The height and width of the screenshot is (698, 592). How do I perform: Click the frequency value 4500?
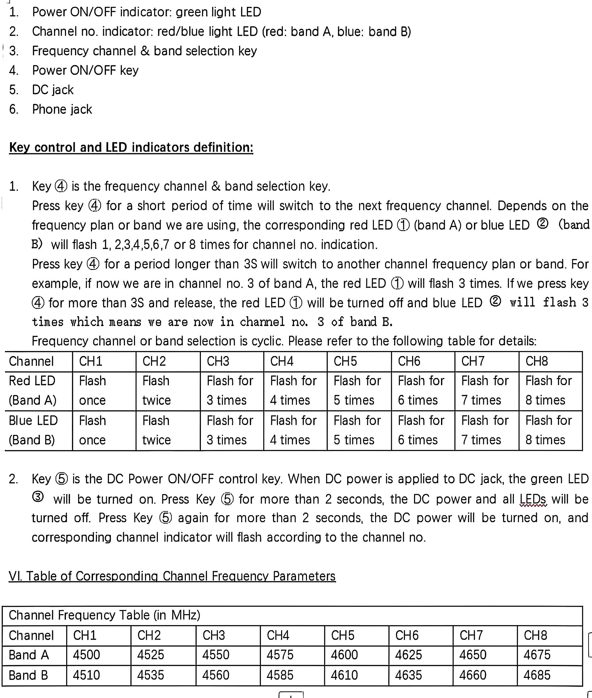click(x=86, y=655)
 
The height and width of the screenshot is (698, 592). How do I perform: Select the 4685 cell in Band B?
click(x=537, y=675)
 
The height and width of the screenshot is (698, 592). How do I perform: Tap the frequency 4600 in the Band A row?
click(x=344, y=655)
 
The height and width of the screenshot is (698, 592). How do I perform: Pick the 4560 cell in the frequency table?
click(x=215, y=675)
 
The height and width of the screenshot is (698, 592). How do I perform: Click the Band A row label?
click(x=29, y=655)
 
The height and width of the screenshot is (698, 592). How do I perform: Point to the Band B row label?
click(x=29, y=675)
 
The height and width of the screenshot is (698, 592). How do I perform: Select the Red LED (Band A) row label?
click(x=33, y=391)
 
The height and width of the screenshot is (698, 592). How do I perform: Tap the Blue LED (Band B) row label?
click(x=33, y=430)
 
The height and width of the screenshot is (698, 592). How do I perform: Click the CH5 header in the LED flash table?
click(x=345, y=361)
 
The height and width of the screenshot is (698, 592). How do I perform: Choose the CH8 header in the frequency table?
click(x=535, y=635)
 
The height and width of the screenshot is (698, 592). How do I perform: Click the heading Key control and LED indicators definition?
click(x=131, y=147)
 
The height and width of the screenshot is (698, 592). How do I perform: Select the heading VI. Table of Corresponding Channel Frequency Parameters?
click(x=172, y=576)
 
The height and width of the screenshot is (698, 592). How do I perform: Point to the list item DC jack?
click(x=53, y=89)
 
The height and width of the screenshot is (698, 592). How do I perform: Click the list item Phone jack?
click(x=62, y=109)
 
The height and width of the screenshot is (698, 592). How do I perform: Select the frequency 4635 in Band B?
click(x=408, y=675)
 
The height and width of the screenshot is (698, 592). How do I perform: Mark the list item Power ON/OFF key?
click(x=85, y=70)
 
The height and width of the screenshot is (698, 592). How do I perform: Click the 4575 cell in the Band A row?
click(x=280, y=655)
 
